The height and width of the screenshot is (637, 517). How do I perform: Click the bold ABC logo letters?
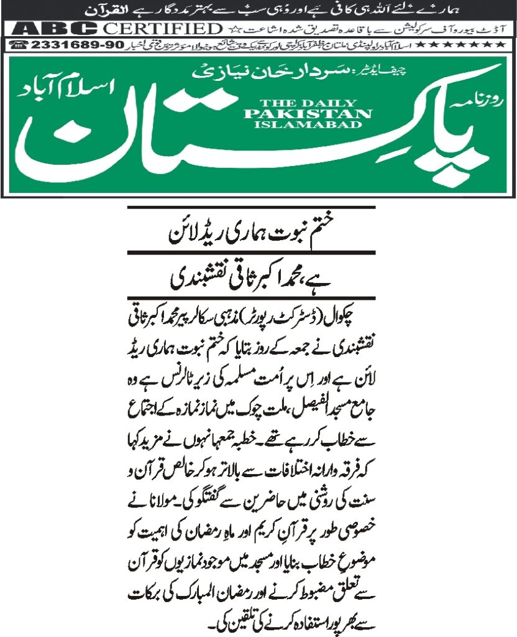coord(55,29)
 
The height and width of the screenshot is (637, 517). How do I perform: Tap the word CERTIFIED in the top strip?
coord(162,29)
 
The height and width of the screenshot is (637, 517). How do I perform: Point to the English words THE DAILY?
coord(308,103)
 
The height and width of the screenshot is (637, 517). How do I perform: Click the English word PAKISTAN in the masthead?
coord(308,113)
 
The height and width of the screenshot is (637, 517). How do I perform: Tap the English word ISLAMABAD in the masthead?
coord(308,124)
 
